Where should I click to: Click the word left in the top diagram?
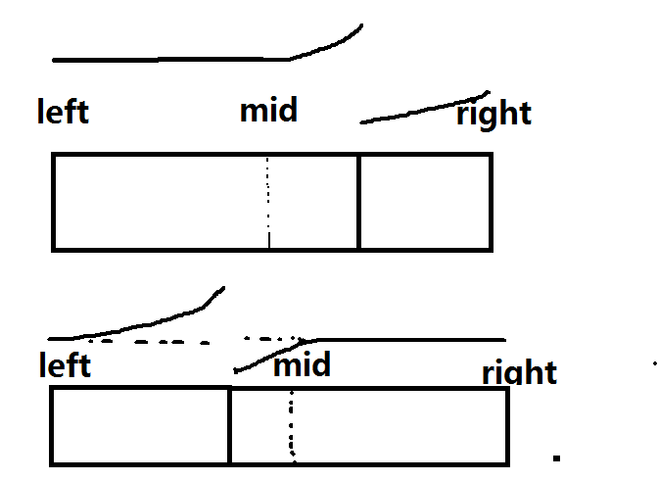[63, 111]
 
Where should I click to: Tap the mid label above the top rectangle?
[268, 109]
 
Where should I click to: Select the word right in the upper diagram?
[493, 114]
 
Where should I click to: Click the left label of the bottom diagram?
[65, 365]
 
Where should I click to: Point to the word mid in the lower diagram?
[302, 366]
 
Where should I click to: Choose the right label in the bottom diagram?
[519, 372]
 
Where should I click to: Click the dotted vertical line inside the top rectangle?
[268, 201]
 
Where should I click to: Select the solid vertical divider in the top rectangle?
[358, 201]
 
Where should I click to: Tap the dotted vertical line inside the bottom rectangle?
[292, 426]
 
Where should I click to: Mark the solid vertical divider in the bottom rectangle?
[229, 426]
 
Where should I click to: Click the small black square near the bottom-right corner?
[556, 457]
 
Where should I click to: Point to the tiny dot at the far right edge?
[654, 363]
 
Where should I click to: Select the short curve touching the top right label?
[421, 109]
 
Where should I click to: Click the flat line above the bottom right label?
[411, 339]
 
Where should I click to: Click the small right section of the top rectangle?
[425, 201]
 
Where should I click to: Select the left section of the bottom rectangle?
[139, 426]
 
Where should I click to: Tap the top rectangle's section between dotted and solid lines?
[313, 201]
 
